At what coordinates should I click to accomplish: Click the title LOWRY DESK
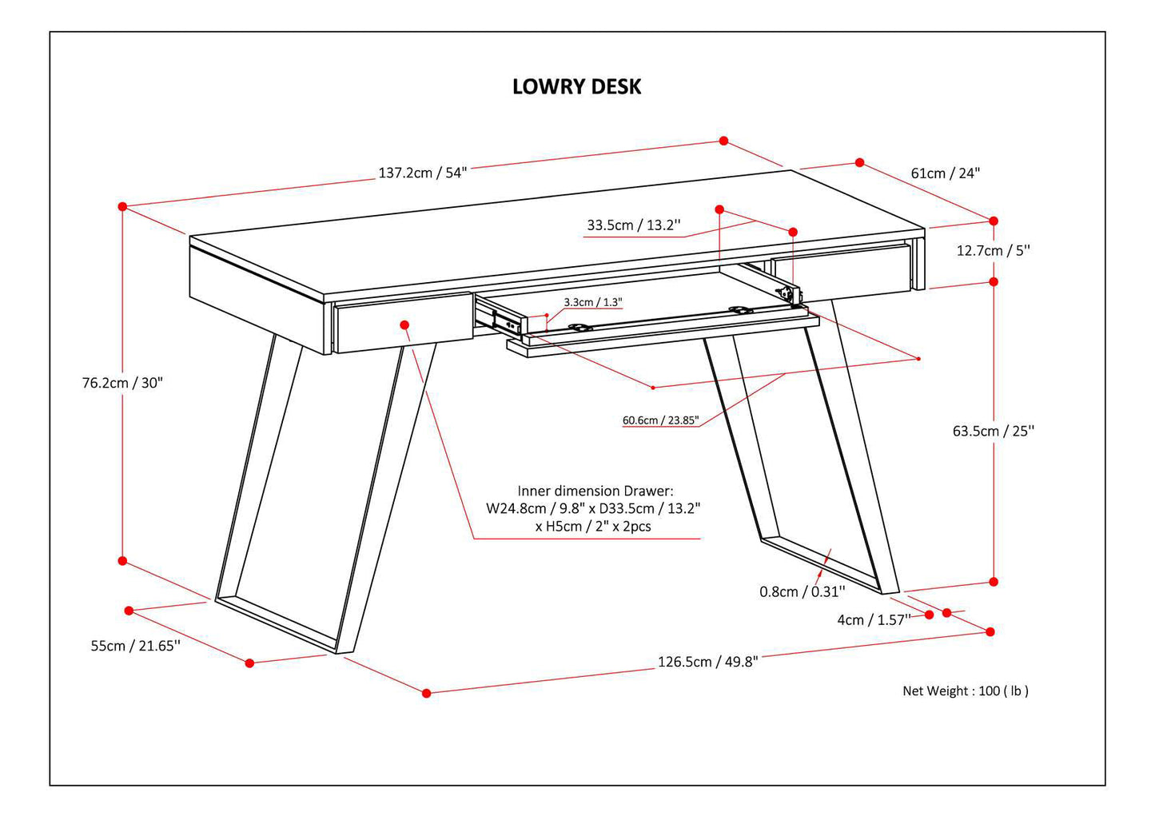tap(576, 86)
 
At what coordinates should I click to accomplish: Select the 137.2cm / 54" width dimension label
tap(422, 173)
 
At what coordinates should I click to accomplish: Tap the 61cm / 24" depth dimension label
tap(945, 173)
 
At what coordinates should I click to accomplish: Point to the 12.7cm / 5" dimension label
tap(993, 250)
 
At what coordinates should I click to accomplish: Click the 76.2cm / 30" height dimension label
tap(122, 382)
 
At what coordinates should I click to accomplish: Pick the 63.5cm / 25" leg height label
tap(993, 431)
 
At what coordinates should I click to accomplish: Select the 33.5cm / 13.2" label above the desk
tap(633, 225)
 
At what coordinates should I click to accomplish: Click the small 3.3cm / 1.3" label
tap(592, 302)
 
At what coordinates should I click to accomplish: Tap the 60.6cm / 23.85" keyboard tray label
tap(660, 420)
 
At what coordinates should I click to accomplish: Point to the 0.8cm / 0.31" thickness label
tap(801, 591)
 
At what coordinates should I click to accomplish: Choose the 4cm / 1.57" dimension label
tap(873, 619)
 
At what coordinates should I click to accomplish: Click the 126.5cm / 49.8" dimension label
tap(707, 662)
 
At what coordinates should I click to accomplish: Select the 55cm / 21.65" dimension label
tap(135, 646)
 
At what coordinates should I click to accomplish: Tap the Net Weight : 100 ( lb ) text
tap(965, 691)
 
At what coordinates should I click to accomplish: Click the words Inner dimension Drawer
tap(595, 491)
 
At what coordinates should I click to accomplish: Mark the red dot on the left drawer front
tap(404, 324)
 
